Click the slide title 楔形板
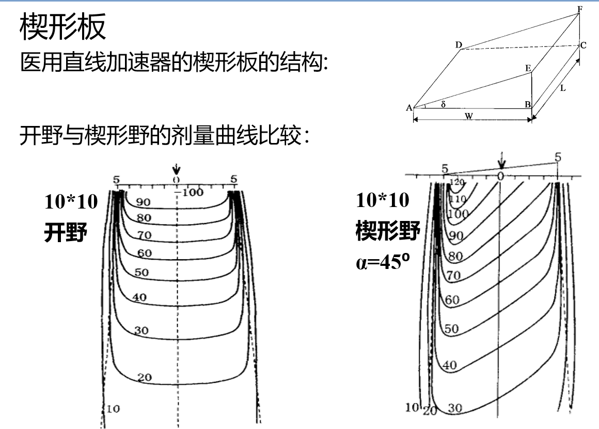[x=63, y=28]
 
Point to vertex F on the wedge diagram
[x=580, y=9]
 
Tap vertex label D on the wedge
[x=458, y=45]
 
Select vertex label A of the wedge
[x=409, y=108]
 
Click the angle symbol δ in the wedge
[x=443, y=104]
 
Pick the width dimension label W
[x=468, y=116]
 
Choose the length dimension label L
[x=562, y=88]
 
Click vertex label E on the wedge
[x=527, y=68]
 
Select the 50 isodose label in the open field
[x=141, y=272]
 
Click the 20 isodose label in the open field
[x=145, y=378]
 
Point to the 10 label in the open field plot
[x=114, y=409]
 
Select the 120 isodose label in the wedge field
[x=457, y=182]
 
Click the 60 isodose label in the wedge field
[x=452, y=300]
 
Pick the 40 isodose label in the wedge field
[x=450, y=365]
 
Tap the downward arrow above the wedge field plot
[x=501, y=162]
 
